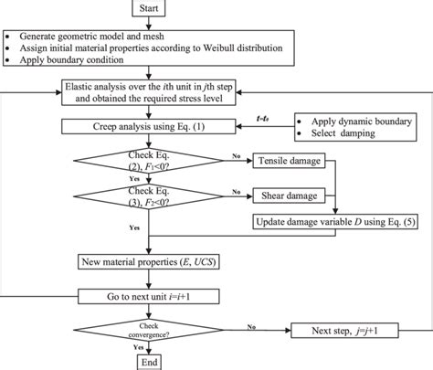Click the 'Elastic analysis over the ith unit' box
pyautogui.click(x=144, y=91)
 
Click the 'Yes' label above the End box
pyautogui.click(x=139, y=346)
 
